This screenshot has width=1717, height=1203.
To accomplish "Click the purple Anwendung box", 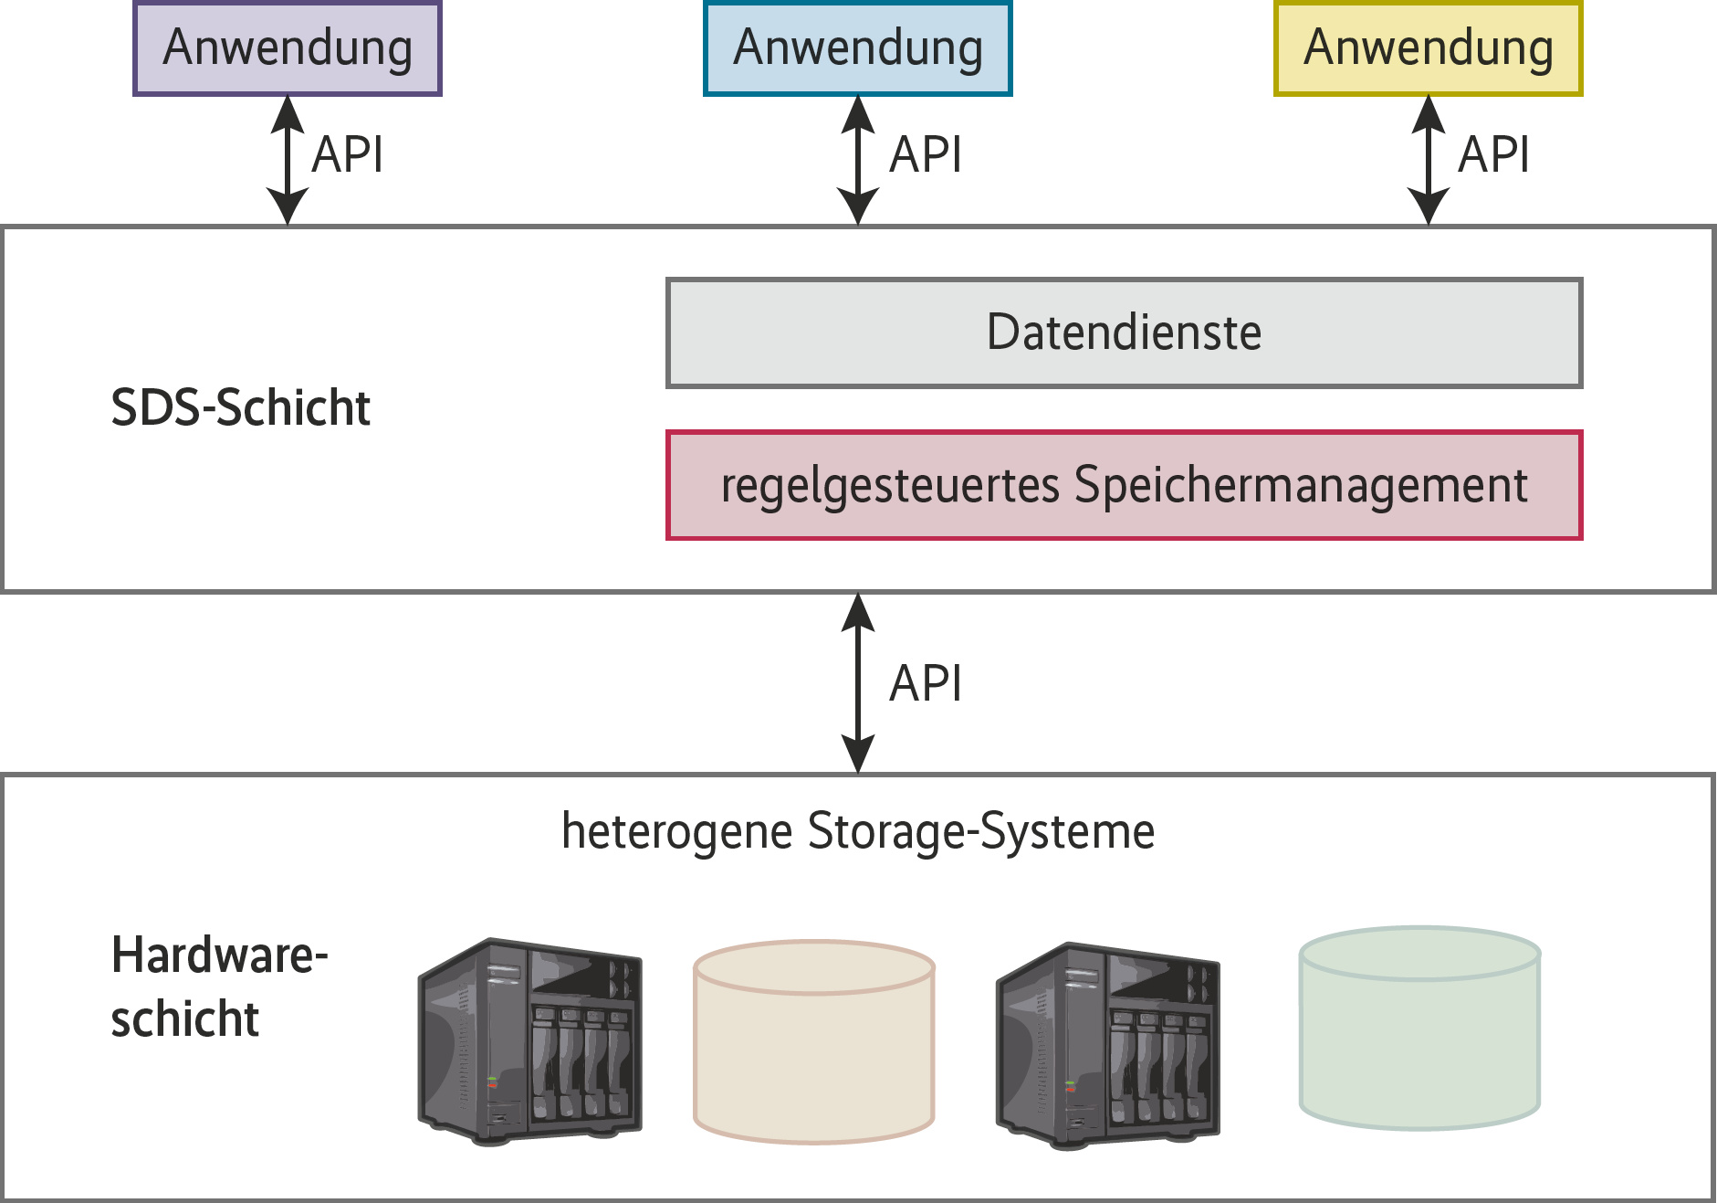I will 288,48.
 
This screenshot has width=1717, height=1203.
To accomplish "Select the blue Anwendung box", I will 858,48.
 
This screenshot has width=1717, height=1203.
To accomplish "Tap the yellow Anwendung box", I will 1429,48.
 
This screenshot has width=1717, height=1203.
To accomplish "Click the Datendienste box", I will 1124,332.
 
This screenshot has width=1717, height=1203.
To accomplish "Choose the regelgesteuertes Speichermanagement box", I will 1124,485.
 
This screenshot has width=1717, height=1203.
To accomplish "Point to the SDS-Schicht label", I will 240,407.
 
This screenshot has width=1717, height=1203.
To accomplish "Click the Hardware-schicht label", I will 219,987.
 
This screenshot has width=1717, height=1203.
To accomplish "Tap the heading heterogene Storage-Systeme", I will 858,831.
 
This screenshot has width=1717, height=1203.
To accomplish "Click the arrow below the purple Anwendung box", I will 288,160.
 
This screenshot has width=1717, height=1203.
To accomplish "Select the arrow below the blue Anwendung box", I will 858,160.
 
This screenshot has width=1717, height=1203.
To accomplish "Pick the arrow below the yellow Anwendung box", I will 1429,160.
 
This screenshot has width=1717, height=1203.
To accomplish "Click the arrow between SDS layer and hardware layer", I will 858,683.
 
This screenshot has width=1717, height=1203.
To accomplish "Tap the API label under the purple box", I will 348,154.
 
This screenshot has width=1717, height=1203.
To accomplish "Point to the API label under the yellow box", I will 1494,154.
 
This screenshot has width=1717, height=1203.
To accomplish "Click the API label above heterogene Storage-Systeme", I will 926,683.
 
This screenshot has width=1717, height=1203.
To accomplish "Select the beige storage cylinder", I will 813,1041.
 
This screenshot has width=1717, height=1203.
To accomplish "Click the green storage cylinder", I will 1419,1029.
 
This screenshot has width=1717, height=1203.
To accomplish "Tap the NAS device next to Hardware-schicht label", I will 529,1041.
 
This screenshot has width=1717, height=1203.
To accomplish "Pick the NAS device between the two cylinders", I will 1107,1045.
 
